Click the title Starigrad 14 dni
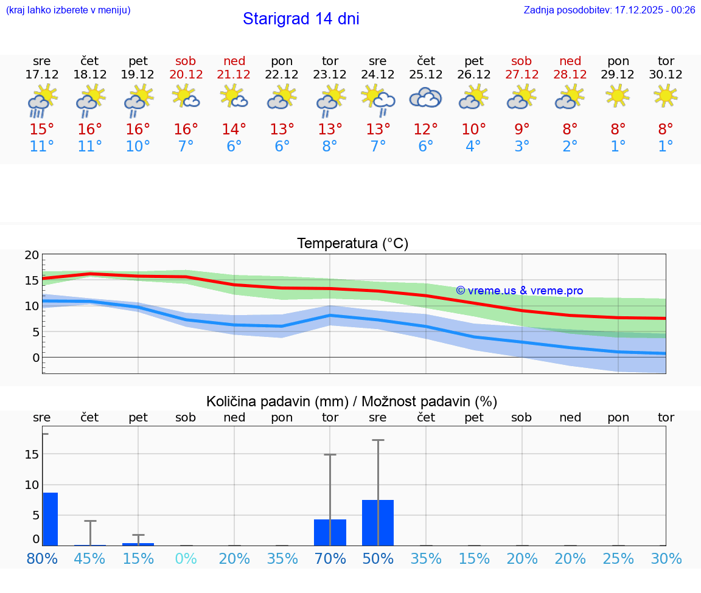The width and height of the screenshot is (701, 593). [301, 19]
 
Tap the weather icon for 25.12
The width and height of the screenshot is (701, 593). [425, 98]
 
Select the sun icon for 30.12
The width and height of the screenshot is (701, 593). [666, 95]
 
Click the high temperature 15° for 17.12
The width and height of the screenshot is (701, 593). [42, 130]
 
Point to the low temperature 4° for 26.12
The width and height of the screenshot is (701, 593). [473, 147]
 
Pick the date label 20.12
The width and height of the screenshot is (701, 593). [186, 75]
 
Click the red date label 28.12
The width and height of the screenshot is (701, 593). [570, 75]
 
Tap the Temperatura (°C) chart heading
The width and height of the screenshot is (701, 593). [352, 244]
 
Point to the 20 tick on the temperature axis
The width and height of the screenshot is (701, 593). [32, 255]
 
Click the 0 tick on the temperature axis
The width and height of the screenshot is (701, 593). [35, 358]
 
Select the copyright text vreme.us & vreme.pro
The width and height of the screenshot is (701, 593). [520, 291]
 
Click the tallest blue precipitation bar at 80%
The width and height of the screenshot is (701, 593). [50, 519]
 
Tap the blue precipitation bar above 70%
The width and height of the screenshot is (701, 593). [330, 532]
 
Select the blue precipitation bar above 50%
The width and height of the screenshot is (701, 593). [378, 522]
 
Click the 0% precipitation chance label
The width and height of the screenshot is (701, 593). [186, 559]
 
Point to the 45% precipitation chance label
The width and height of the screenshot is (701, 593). [90, 559]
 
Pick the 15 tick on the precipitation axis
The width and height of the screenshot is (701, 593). [32, 454]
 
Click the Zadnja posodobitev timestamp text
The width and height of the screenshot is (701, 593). [609, 10]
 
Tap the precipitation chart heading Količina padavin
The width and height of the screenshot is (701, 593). [352, 401]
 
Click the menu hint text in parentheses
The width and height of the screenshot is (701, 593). [68, 10]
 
